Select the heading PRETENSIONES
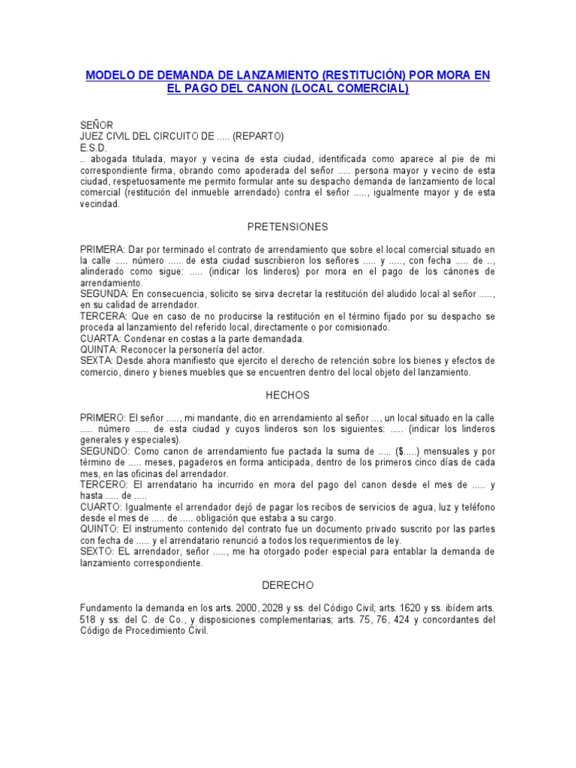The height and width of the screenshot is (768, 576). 287,226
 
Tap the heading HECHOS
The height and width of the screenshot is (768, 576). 287,395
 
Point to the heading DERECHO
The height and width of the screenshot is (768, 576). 287,584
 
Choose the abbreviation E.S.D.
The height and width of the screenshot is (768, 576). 94,148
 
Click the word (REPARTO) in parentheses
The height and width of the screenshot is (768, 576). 258,136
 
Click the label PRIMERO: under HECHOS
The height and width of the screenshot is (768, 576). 103,418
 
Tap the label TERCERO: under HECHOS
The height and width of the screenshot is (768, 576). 104,485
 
